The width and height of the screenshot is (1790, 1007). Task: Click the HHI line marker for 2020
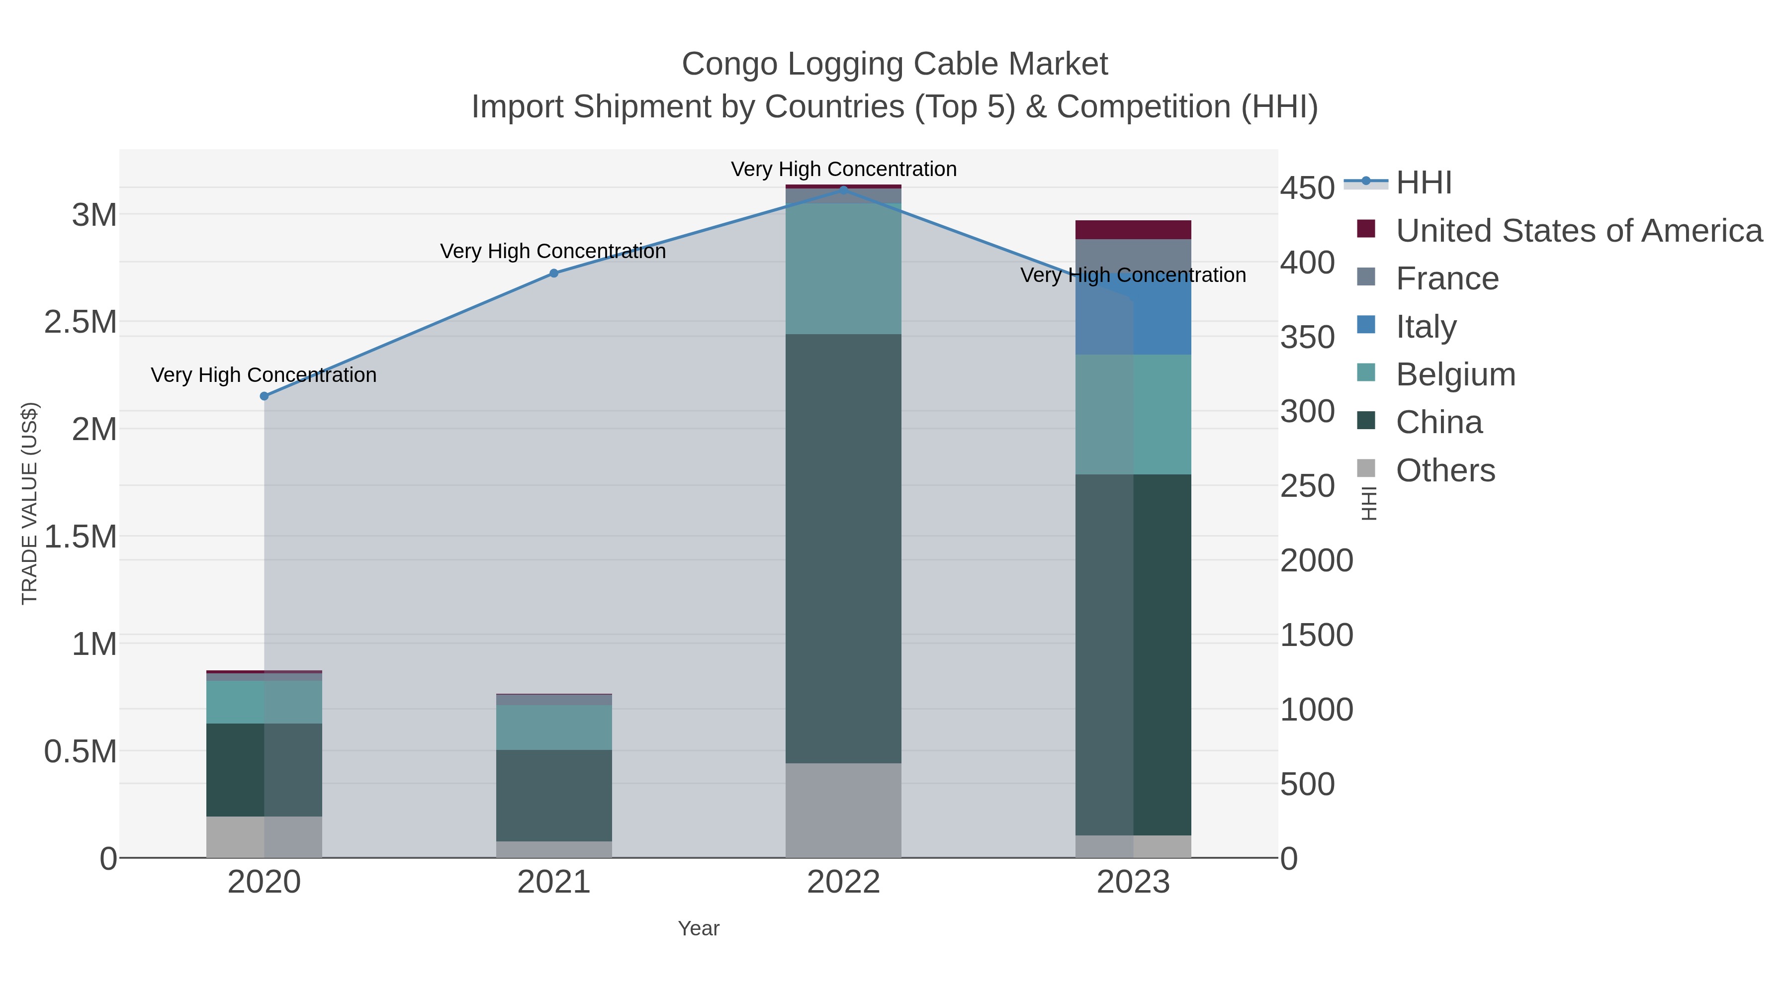tap(264, 396)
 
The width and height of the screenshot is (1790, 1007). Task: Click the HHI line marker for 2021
tap(554, 273)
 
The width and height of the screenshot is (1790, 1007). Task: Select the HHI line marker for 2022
tap(844, 190)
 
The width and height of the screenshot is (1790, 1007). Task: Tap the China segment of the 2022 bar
tap(844, 549)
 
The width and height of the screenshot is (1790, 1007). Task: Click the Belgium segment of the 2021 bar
tap(554, 727)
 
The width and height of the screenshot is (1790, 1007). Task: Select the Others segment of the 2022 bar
tap(844, 811)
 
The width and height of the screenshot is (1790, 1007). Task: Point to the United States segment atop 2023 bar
tap(1133, 229)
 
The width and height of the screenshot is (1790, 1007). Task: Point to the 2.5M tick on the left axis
tap(81, 322)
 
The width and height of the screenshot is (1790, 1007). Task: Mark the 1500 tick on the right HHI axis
tap(1316, 635)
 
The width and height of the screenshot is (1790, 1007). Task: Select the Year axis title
tap(699, 928)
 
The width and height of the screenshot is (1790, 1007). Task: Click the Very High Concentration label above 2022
tap(844, 169)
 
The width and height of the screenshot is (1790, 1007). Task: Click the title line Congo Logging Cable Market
tap(895, 64)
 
